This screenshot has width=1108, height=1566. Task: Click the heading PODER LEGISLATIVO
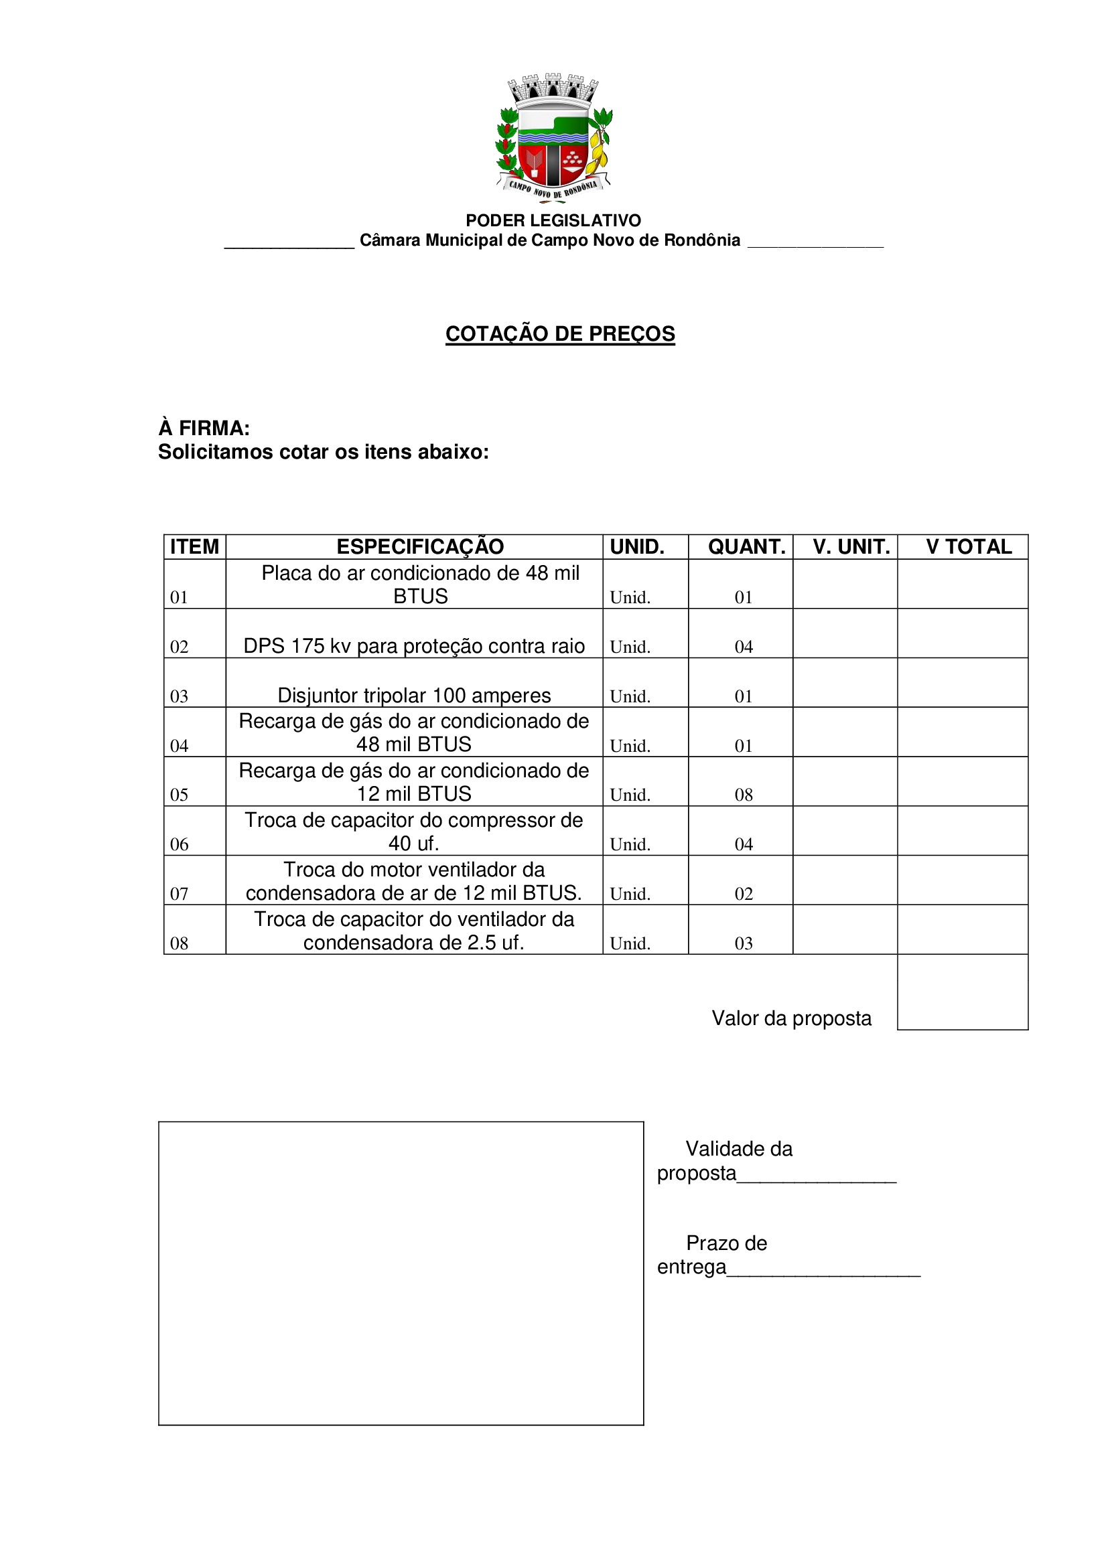click(553, 220)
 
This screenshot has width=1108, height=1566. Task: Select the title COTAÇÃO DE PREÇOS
click(560, 333)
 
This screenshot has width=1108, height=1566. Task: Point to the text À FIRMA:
click(204, 428)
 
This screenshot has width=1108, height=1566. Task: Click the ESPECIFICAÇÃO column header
click(420, 547)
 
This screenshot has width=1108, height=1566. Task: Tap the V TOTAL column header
click(969, 547)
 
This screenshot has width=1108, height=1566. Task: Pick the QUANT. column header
click(746, 547)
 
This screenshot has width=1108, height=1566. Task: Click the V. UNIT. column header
click(851, 547)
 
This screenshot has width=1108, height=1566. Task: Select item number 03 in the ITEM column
click(179, 696)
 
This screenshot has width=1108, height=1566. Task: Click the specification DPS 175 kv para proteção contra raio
click(414, 646)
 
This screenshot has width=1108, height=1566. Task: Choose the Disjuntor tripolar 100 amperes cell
click(414, 696)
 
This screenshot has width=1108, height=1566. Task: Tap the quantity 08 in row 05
click(744, 795)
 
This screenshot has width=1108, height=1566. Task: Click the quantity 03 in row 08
click(744, 943)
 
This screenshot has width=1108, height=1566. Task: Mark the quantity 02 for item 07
click(744, 894)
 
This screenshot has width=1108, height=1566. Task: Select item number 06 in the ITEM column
click(179, 844)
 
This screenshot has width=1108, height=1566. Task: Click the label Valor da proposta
click(791, 1018)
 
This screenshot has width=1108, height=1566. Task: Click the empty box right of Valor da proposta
click(963, 992)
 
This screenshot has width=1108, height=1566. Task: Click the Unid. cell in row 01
click(630, 597)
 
